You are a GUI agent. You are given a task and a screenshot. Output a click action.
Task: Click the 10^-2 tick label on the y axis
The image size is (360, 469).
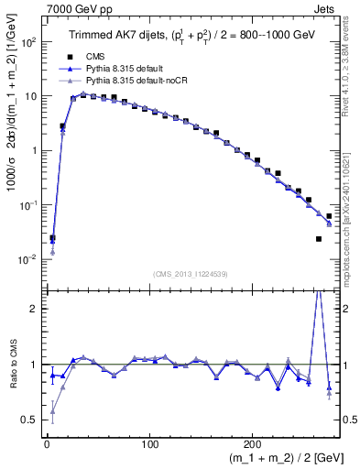pyautogui.click(x=26, y=259)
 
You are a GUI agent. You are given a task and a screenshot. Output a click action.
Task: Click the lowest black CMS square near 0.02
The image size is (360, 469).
pyautogui.click(x=319, y=239)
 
